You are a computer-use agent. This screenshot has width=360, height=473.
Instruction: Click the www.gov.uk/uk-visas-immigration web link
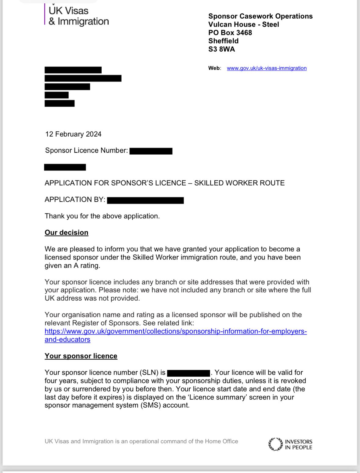(267, 68)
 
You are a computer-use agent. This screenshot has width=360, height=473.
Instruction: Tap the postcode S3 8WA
(222, 49)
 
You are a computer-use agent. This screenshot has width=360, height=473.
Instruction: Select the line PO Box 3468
(230, 33)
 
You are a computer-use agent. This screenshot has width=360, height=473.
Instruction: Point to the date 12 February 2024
(73, 134)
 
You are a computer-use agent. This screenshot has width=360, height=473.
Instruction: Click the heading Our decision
(67, 233)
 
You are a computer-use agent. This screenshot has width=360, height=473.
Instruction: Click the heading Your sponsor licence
(81, 356)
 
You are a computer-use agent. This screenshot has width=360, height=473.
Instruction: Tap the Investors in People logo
(290, 444)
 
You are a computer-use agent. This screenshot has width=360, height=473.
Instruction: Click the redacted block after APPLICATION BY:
(145, 200)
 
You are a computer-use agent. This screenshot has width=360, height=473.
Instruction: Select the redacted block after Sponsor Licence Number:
(151, 151)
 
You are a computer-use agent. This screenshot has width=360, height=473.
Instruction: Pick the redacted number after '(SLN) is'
(189, 373)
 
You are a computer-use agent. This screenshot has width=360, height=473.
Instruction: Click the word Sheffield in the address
(223, 41)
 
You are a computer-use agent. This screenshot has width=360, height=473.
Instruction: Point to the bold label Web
(214, 68)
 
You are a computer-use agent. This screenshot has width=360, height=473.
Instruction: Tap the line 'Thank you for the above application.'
(102, 216)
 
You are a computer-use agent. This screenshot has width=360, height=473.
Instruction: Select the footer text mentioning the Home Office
(141, 441)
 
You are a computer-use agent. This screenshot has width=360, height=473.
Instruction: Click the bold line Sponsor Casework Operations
(260, 16)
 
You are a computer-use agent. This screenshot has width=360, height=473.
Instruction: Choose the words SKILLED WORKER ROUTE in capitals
(239, 183)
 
